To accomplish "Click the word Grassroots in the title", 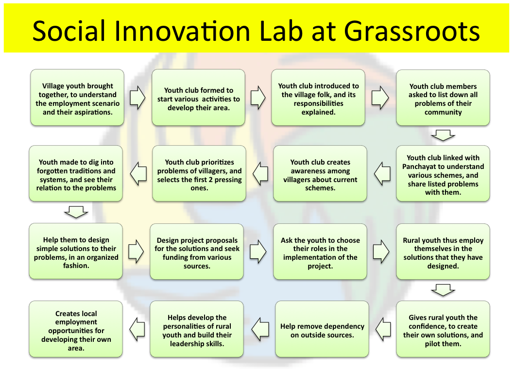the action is click(x=411, y=31).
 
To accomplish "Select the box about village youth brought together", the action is click(x=77, y=97).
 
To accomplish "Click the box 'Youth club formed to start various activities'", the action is click(x=198, y=97).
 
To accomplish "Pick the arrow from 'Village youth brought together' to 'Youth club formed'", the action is click(x=137, y=97).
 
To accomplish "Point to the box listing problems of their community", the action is click(x=443, y=98).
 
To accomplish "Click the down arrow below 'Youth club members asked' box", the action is click(x=443, y=135).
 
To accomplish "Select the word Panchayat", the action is click(x=419, y=167).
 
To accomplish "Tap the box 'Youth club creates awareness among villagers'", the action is click(x=320, y=173).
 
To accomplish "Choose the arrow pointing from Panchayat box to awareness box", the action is click(x=382, y=173).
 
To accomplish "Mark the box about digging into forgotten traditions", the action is click(x=76, y=173).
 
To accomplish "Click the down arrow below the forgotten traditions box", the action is click(x=76, y=212).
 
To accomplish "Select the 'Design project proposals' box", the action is click(x=197, y=252).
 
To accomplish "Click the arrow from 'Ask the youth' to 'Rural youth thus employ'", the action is click(x=381, y=252).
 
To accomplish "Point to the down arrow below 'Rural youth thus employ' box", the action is click(x=443, y=290).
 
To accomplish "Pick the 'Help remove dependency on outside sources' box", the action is click(x=322, y=329).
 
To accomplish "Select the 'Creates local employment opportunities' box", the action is click(x=76, y=329).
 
